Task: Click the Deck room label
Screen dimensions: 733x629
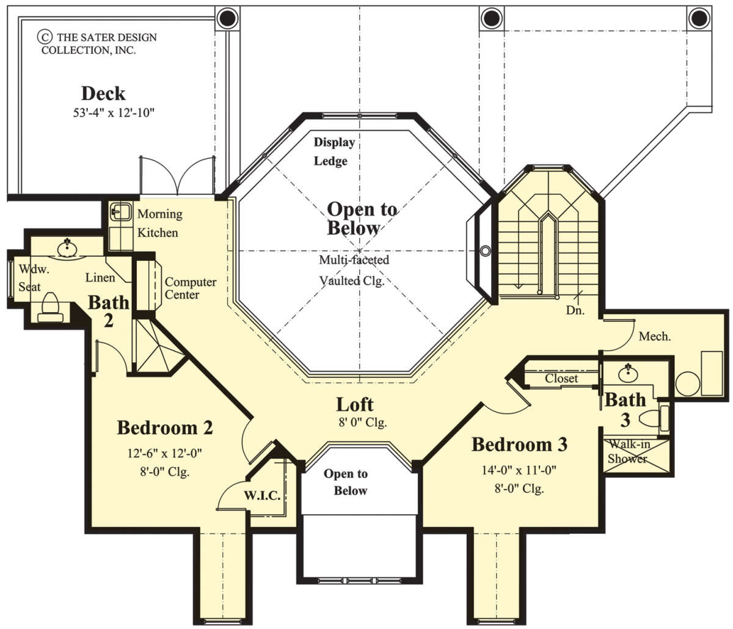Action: [103, 93]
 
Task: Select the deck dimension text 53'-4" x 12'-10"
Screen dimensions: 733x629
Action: [114, 113]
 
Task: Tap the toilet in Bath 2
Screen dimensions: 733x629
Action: [50, 307]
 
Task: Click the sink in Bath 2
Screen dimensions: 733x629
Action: [67, 247]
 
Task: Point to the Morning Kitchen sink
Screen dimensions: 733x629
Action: [120, 212]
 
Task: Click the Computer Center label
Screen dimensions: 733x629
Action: [191, 288]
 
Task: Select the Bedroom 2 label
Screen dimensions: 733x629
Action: [165, 427]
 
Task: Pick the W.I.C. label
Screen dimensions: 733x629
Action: [262, 495]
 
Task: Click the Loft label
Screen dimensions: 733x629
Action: [355, 404]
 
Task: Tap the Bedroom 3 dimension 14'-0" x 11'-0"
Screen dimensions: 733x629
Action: [519, 470]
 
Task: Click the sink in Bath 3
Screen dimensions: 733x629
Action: [628, 373]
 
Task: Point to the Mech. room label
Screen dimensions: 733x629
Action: [655, 336]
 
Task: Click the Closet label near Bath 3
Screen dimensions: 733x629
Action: [561, 379]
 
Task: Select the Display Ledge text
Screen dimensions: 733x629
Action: [334, 151]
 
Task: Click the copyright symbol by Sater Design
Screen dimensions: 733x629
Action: [45, 37]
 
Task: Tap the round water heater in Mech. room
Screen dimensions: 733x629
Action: [688, 384]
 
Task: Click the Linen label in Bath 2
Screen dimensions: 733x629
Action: [100, 278]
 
